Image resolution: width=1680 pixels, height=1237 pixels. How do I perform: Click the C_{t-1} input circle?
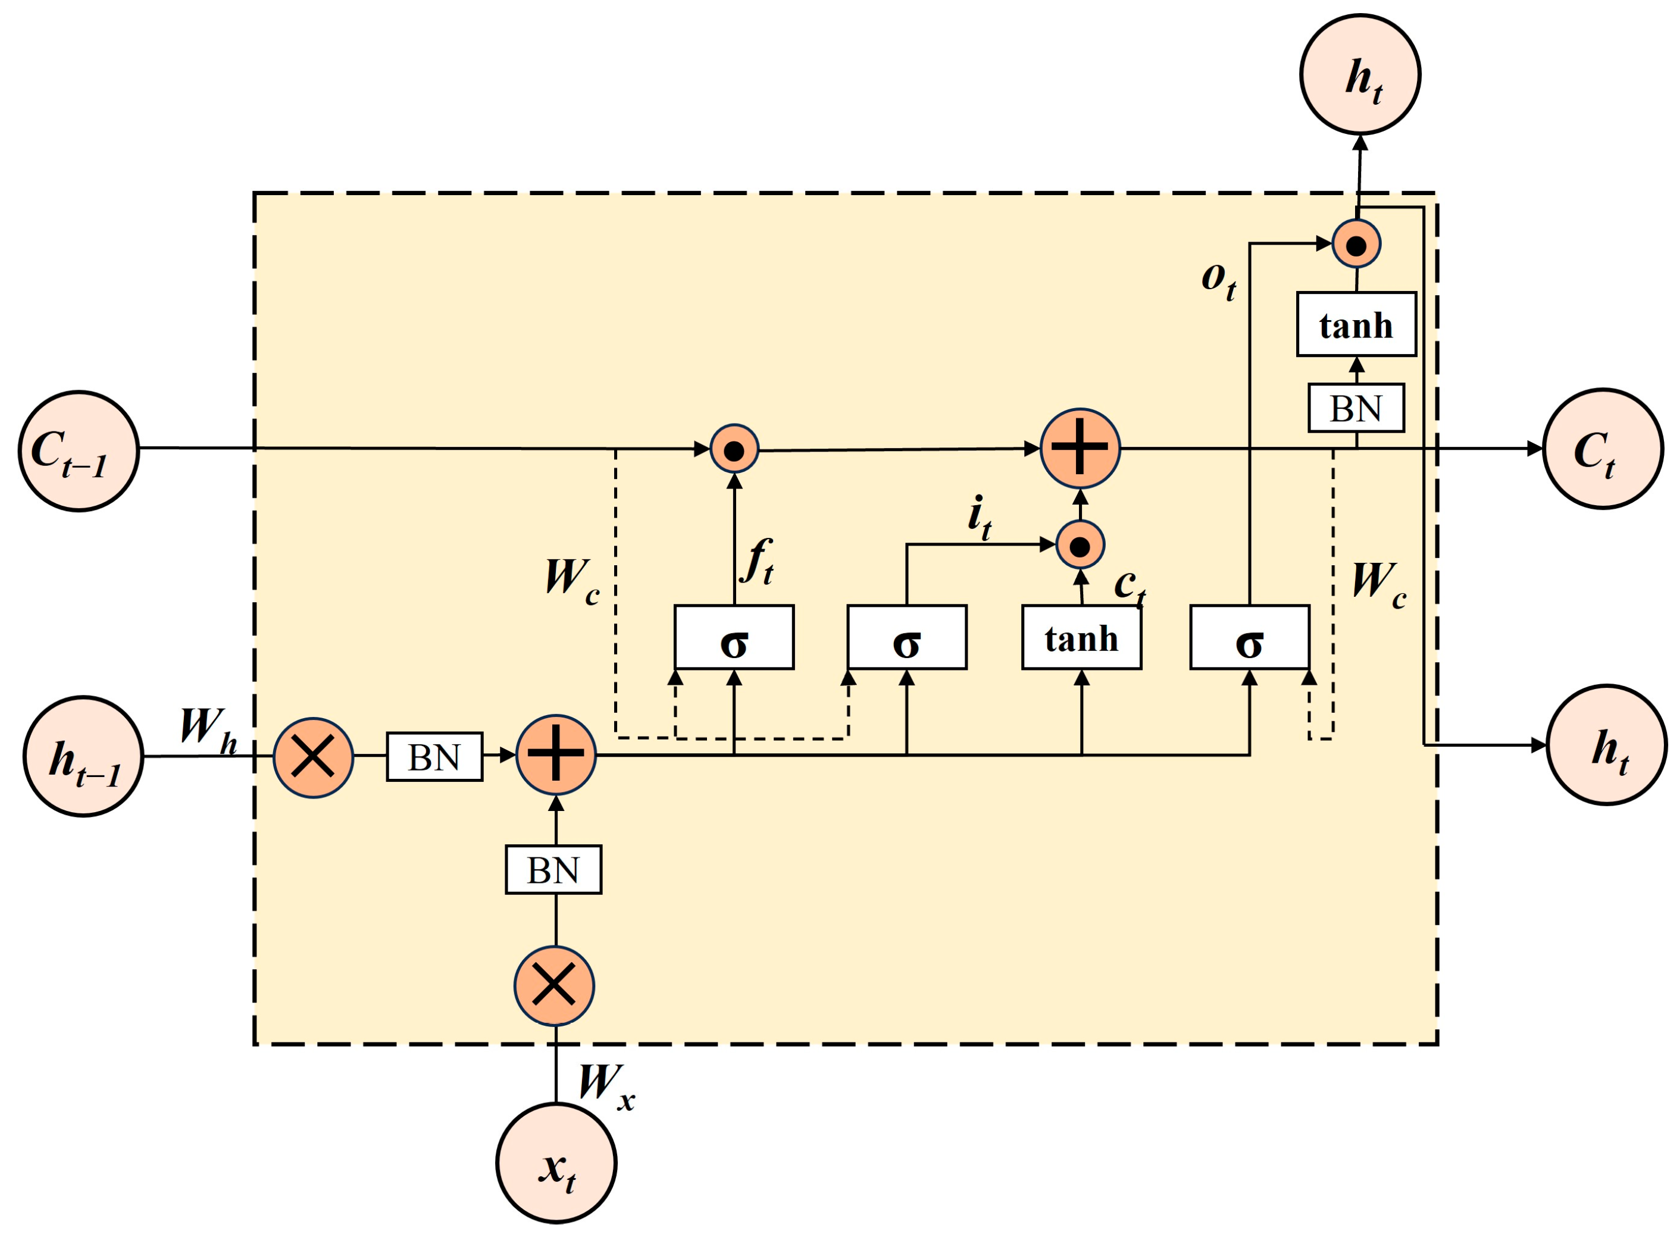[79, 451]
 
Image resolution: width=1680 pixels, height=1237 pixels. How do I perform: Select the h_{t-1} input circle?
[83, 756]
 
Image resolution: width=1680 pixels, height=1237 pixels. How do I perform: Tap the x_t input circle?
[556, 1163]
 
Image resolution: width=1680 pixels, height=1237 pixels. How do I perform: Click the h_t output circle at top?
[1359, 75]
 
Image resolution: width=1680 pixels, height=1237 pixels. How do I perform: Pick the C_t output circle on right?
[1603, 449]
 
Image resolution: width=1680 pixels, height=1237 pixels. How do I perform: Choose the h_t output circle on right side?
[1607, 745]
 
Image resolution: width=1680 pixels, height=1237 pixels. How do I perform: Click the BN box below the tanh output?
[1356, 408]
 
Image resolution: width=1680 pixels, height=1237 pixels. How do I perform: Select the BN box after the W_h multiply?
[434, 757]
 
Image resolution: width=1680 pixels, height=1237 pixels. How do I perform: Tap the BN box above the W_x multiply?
[553, 869]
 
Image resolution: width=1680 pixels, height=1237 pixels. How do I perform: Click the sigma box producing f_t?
[734, 637]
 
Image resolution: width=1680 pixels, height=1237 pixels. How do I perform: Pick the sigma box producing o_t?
[1249, 637]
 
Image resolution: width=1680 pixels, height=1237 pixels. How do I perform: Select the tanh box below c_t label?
[1081, 637]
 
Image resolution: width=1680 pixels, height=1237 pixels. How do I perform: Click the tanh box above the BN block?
[1356, 324]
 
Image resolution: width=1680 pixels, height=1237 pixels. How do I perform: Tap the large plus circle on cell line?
[1080, 449]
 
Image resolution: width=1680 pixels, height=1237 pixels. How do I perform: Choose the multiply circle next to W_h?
[313, 757]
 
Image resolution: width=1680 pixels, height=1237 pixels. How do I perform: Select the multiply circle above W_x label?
[554, 985]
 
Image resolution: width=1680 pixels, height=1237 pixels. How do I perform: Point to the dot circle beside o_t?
[1356, 244]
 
